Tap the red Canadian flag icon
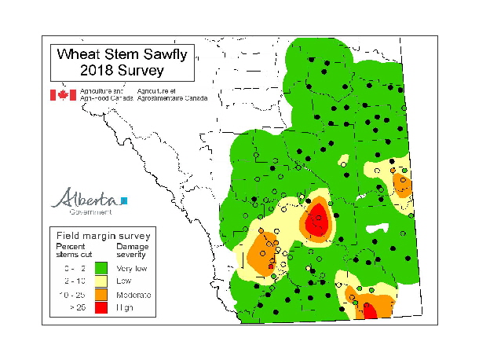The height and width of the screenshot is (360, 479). (63, 95)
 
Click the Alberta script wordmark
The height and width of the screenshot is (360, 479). (85, 198)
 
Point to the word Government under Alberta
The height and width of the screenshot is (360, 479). (90, 211)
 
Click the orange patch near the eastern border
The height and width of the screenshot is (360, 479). (404, 186)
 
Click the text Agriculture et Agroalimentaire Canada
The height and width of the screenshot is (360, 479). (172, 95)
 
